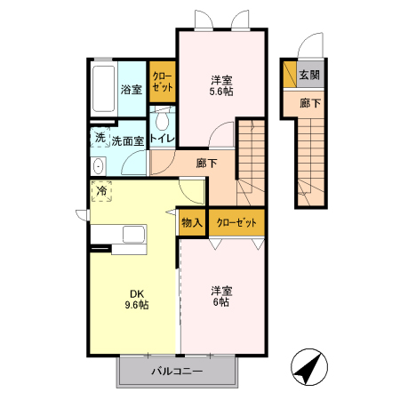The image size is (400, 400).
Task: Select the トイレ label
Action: [161, 140]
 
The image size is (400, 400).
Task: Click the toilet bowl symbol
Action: [163, 121]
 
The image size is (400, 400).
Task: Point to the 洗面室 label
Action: [126, 140]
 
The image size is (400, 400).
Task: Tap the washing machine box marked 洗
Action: [100, 139]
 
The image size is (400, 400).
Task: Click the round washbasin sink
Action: [98, 165]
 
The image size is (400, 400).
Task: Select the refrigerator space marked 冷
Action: [102, 191]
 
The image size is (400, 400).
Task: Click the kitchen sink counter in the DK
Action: [120, 236]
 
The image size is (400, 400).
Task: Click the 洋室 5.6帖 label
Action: [221, 84]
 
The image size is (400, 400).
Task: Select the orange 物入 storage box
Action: [192, 222]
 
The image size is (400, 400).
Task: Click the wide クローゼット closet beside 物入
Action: [236, 222]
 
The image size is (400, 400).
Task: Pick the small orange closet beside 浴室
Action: [162, 82]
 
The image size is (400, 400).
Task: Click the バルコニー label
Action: [177, 372]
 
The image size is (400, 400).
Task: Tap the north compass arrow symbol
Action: [306, 369]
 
